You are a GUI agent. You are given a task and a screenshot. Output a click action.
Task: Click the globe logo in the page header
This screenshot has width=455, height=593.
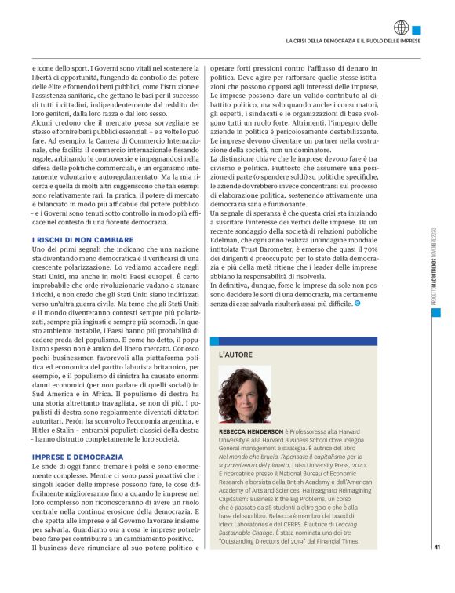402,27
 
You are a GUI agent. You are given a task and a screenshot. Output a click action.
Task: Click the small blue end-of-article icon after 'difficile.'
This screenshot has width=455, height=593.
359,302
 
